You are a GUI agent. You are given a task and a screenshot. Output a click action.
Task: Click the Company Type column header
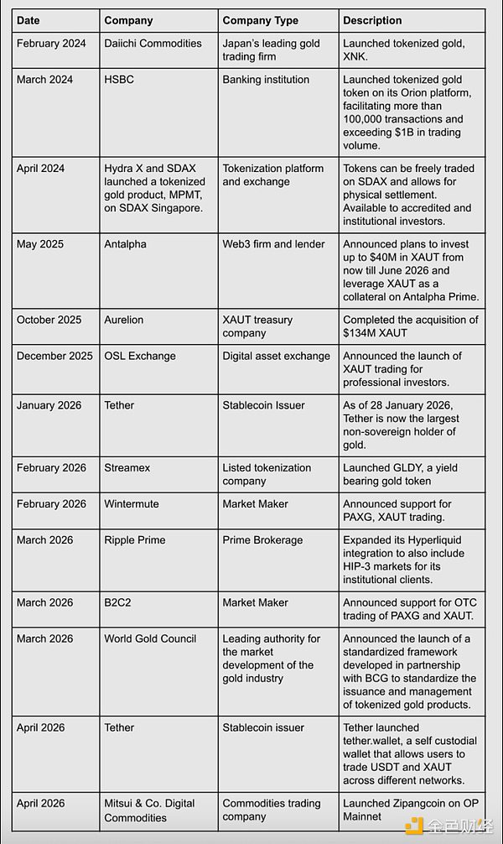point(256,20)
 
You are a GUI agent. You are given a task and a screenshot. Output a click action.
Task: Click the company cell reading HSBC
point(119,80)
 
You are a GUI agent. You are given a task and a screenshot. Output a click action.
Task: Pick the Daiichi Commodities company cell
point(153,44)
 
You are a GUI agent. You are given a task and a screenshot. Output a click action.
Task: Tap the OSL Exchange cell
point(140,356)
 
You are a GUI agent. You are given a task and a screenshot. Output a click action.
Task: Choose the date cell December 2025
point(54,356)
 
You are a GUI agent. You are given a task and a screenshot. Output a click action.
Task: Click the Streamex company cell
point(127,468)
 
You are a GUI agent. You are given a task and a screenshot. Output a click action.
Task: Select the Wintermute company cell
point(132,504)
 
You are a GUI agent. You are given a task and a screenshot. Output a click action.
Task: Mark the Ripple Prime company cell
point(135,540)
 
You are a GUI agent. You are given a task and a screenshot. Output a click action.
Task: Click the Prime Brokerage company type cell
point(262,540)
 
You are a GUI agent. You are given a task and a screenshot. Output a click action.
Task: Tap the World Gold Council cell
point(150,638)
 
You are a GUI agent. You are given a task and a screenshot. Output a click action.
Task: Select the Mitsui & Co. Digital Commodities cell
point(148,810)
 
